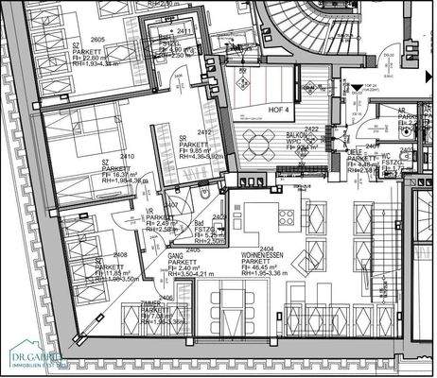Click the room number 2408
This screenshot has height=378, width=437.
(120, 255)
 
